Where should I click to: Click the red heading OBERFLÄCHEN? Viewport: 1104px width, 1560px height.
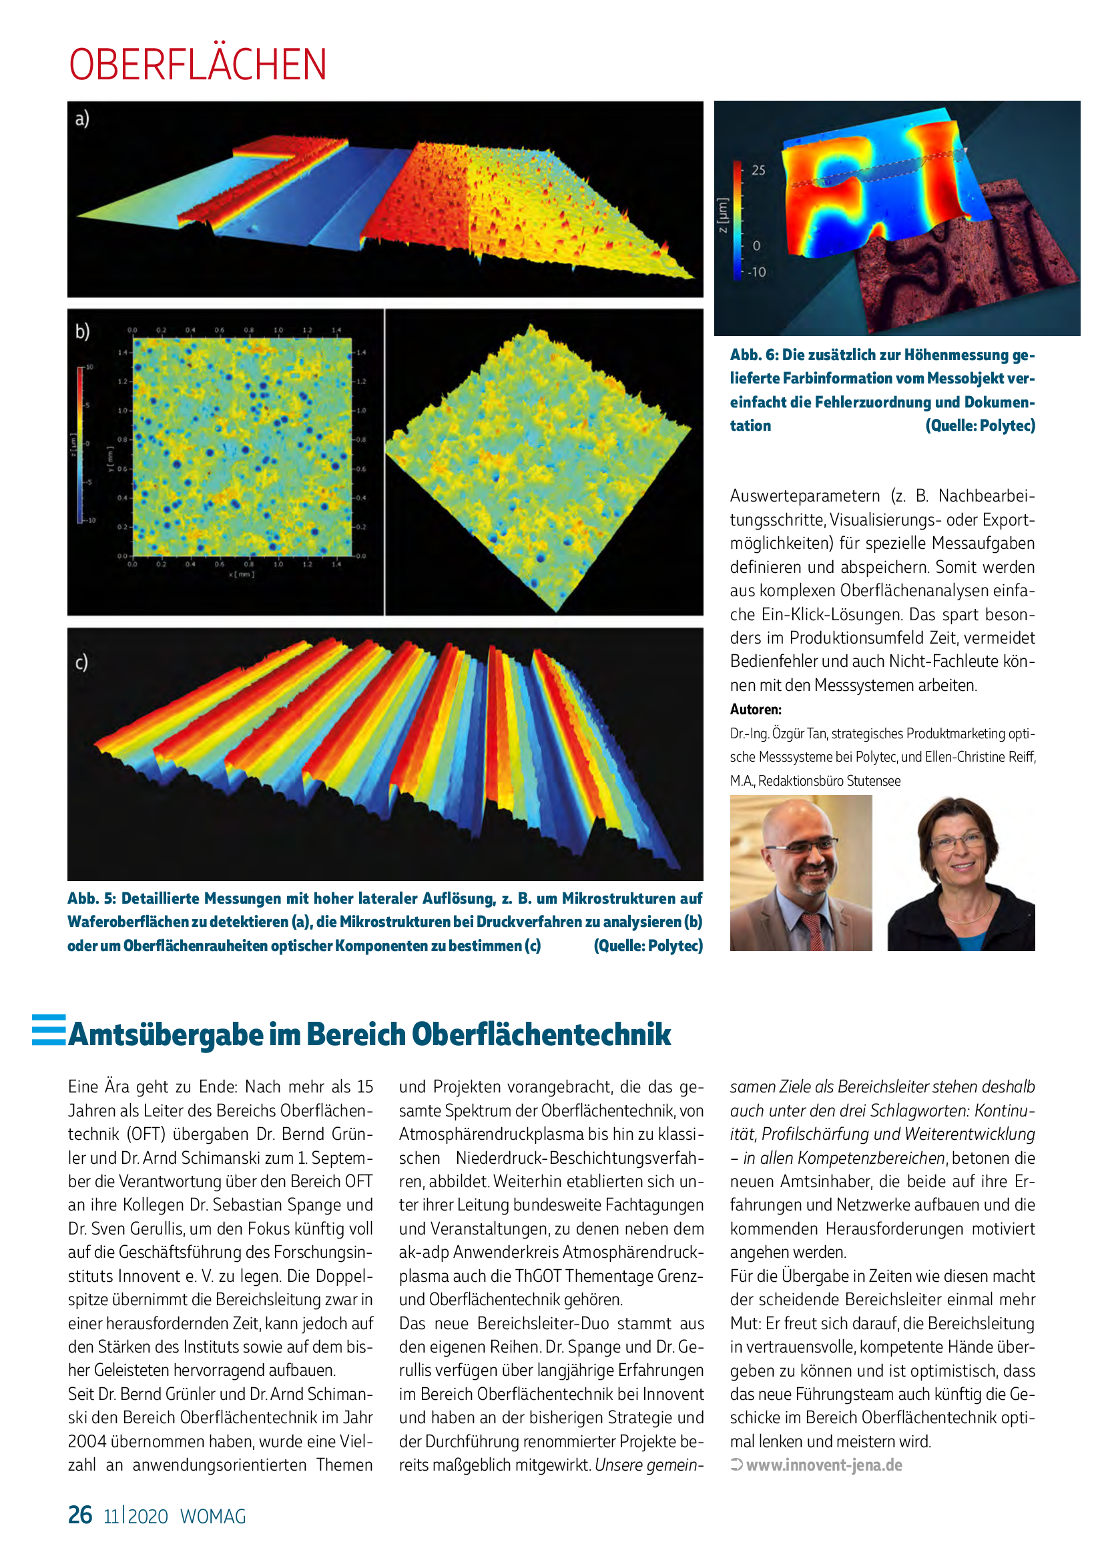pos(197,65)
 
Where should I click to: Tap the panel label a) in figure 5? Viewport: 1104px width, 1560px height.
pos(82,119)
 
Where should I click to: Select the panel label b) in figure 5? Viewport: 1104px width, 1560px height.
pos(82,331)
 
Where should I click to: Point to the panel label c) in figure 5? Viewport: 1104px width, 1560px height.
pos(81,662)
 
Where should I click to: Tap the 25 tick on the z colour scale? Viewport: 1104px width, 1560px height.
pos(758,171)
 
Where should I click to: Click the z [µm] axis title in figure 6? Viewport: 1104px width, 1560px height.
pos(723,215)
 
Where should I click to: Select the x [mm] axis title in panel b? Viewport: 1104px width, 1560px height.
pos(242,575)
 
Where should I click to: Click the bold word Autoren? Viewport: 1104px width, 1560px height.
pos(756,710)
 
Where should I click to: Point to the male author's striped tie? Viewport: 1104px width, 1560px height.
pos(814,931)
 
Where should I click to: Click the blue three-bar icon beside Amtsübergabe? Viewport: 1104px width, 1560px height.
pos(49,1030)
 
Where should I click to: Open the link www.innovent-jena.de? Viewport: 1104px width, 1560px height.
pos(824,1465)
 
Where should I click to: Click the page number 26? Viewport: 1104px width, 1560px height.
pos(80,1515)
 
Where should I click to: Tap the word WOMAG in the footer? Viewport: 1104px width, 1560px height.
pos(213,1517)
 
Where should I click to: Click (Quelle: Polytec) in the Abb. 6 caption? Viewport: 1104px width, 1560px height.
pos(980,426)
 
